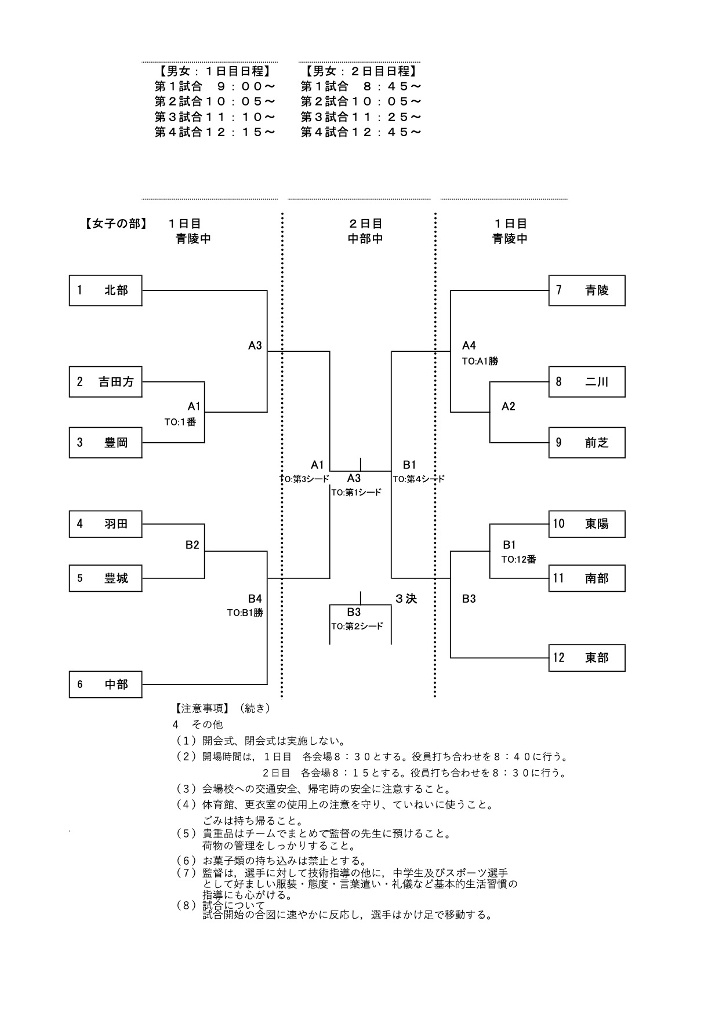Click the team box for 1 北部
(106, 290)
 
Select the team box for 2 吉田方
(106, 382)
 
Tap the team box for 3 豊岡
(106, 443)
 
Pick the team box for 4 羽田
(106, 524)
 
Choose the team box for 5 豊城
(106, 578)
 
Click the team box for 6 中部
(106, 684)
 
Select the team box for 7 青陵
(587, 290)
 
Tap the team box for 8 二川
(587, 382)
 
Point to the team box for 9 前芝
(587, 443)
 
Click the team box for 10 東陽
(587, 524)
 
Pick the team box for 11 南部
(587, 578)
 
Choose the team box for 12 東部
(587, 658)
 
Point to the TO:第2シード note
(357, 627)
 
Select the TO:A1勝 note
(480, 361)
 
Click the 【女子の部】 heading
(113, 224)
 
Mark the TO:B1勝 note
(245, 613)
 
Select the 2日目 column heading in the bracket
(365, 224)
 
